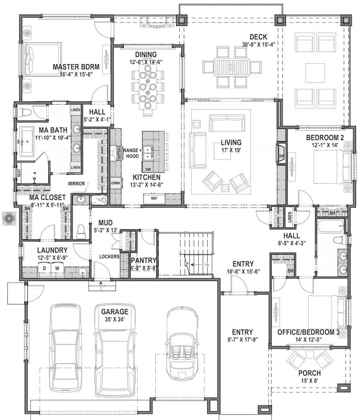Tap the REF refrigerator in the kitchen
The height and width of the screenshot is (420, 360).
tap(154, 198)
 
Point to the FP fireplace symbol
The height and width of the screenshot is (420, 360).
tap(282, 156)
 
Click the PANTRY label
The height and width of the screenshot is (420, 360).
tap(143, 260)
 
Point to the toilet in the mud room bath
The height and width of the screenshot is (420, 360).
tap(81, 230)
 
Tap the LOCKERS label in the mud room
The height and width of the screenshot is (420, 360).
tap(109, 256)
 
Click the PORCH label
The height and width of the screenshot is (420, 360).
tap(310, 373)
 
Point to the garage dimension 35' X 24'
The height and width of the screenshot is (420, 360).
tap(114, 320)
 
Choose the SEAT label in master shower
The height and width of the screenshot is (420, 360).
tap(18, 173)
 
